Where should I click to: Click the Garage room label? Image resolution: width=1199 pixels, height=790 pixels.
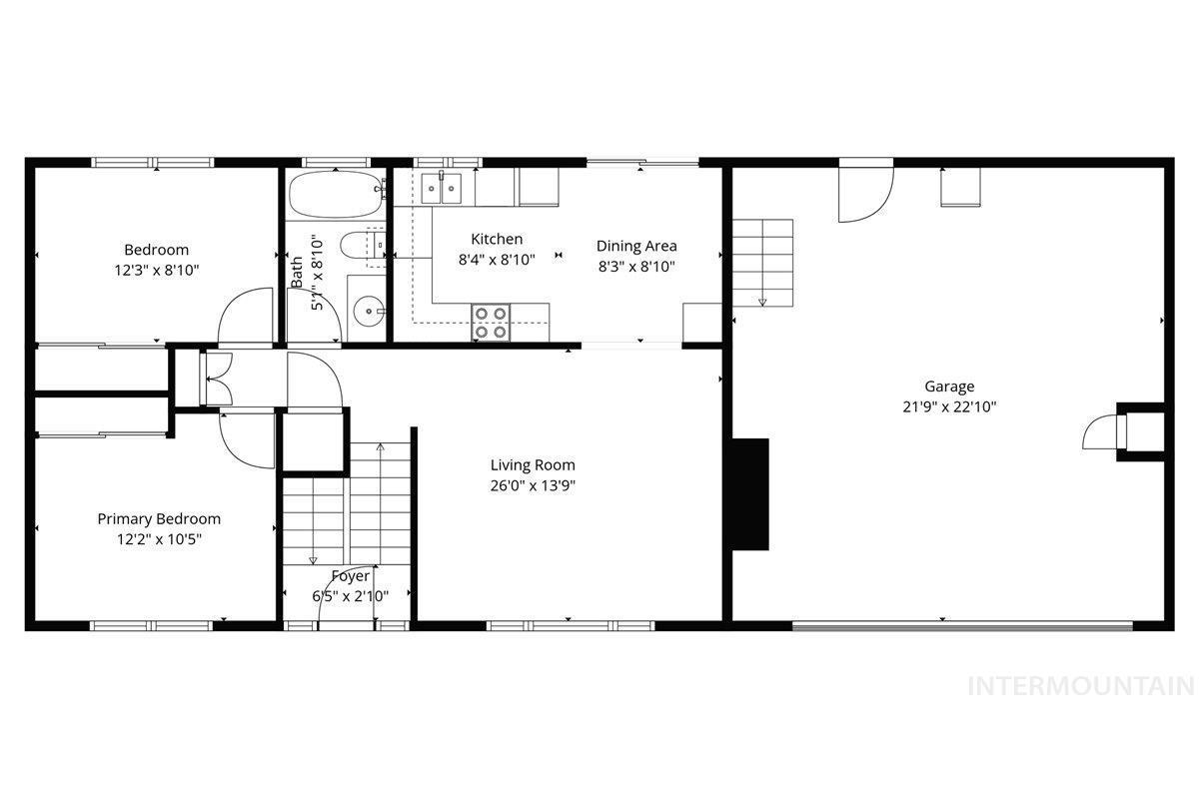(949, 387)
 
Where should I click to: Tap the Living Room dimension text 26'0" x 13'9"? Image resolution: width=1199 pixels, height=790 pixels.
(533, 485)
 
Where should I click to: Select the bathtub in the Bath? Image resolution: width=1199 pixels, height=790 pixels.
(337, 194)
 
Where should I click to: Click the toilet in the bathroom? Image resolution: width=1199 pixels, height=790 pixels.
(363, 247)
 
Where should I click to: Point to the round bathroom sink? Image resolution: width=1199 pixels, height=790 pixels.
(369, 310)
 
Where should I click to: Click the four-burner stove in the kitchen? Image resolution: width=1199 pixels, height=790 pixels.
(491, 323)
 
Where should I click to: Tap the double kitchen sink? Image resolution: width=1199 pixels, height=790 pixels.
(441, 189)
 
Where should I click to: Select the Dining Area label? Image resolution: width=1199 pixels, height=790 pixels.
(636, 246)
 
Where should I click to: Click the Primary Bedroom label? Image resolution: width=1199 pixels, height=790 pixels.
(159, 518)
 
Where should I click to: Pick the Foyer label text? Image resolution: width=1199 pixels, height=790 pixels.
(351, 576)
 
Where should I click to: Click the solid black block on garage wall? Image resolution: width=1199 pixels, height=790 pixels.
(750, 494)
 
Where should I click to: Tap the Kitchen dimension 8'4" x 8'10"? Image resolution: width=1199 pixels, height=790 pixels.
(497, 260)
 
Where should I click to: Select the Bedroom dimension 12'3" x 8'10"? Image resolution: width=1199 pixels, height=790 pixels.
(156, 271)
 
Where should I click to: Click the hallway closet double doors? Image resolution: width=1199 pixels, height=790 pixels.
(216, 379)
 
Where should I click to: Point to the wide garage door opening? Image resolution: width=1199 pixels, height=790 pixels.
(962, 625)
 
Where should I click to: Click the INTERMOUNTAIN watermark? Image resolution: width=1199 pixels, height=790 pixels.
(1082, 686)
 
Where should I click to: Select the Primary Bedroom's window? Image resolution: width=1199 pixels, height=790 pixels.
(152, 626)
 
